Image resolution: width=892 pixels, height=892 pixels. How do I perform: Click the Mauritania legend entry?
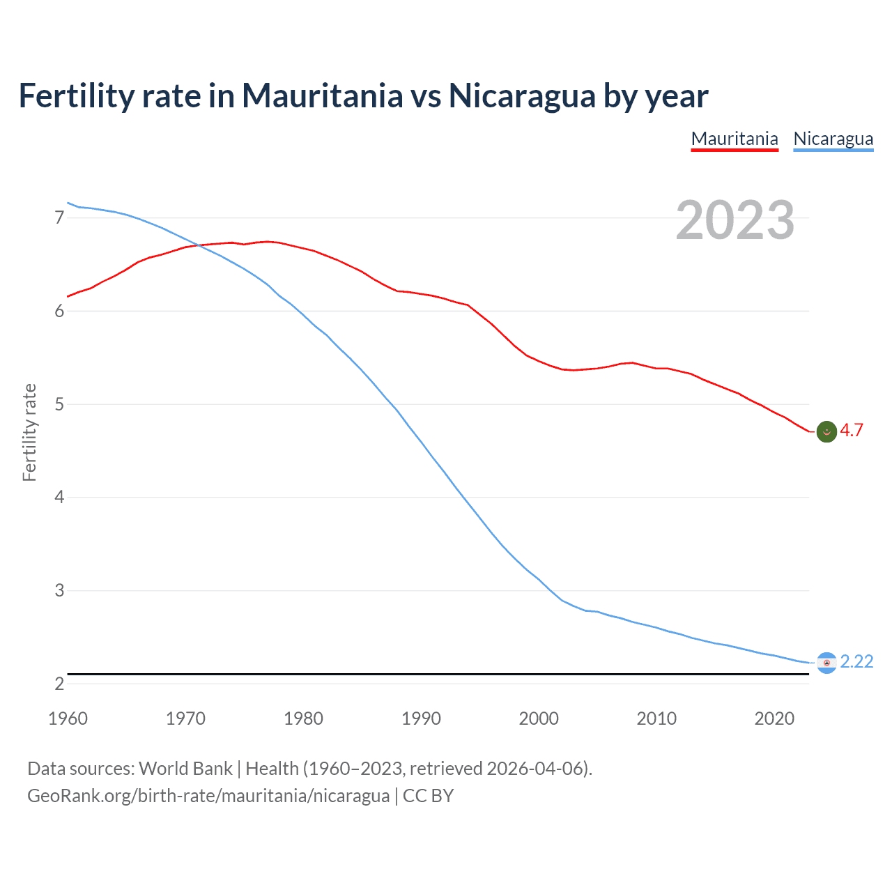pos(735,139)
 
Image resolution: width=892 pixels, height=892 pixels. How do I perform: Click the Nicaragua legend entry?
pos(833,139)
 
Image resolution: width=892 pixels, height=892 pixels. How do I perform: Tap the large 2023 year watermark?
pos(735,220)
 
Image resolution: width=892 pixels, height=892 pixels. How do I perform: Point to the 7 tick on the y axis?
pos(59,218)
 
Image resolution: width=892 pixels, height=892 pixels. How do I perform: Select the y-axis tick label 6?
pos(59,312)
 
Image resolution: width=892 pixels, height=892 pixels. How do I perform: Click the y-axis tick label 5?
pos(59,404)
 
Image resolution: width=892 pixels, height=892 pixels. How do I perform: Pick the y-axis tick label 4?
pos(59,498)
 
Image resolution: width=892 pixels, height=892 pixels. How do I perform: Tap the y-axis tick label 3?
pos(59,591)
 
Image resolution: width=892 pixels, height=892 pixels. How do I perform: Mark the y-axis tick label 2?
pos(59,684)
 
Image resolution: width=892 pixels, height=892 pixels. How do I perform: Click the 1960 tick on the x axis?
pos(68,718)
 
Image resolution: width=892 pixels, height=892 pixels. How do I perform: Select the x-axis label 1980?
pos(303,718)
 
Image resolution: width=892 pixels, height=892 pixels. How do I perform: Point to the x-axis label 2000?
pos(539,718)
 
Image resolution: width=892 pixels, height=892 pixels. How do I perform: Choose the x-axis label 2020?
pos(774,718)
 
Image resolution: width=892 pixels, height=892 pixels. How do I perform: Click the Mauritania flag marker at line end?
pos(826,432)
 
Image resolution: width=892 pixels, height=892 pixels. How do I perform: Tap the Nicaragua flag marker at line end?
pos(826,663)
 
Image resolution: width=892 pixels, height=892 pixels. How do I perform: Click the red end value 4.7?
pos(852,431)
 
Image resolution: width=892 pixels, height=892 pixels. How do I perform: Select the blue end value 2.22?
pos(856,661)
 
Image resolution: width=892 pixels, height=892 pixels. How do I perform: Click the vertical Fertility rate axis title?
pos(29,432)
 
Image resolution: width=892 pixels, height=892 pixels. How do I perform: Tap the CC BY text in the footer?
pos(428,796)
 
